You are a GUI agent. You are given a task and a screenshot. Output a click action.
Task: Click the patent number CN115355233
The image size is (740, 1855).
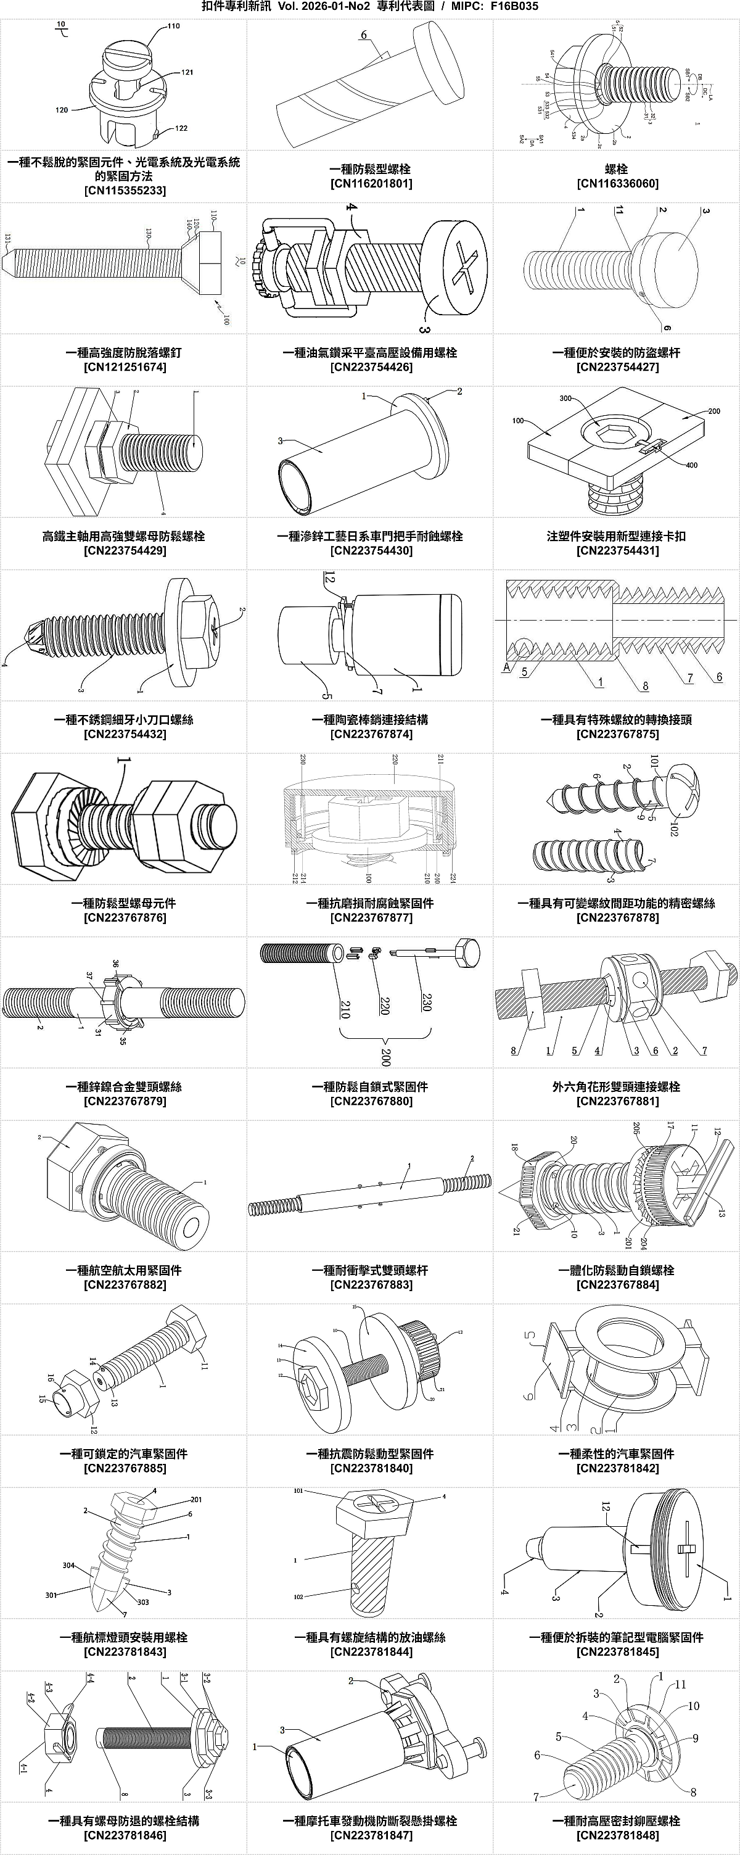point(125,190)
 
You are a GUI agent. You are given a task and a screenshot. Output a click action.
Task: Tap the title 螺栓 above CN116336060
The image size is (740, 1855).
point(616,169)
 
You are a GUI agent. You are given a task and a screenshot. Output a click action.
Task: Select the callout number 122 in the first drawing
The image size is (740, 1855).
point(181,128)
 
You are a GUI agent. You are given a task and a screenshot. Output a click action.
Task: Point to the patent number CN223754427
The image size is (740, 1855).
point(617,366)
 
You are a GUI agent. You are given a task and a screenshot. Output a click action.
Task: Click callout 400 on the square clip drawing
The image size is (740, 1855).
point(691,465)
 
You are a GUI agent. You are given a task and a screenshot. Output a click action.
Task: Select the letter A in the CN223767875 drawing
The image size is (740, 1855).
point(506,667)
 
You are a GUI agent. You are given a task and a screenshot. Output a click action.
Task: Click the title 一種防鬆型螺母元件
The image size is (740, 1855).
point(124,903)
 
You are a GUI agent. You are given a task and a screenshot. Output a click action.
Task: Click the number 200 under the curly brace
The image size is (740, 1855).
point(385,1057)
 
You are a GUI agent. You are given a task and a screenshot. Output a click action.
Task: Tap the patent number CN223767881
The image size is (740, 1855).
point(617,1101)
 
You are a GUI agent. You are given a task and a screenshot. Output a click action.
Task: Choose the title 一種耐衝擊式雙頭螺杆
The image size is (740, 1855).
point(371,1270)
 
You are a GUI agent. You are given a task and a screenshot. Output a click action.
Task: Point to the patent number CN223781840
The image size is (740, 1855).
point(371,1468)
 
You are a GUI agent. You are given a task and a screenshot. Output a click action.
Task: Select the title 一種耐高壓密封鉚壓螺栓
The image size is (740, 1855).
point(616,1821)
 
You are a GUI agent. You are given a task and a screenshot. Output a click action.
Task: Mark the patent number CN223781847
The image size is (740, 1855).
point(371,1835)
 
